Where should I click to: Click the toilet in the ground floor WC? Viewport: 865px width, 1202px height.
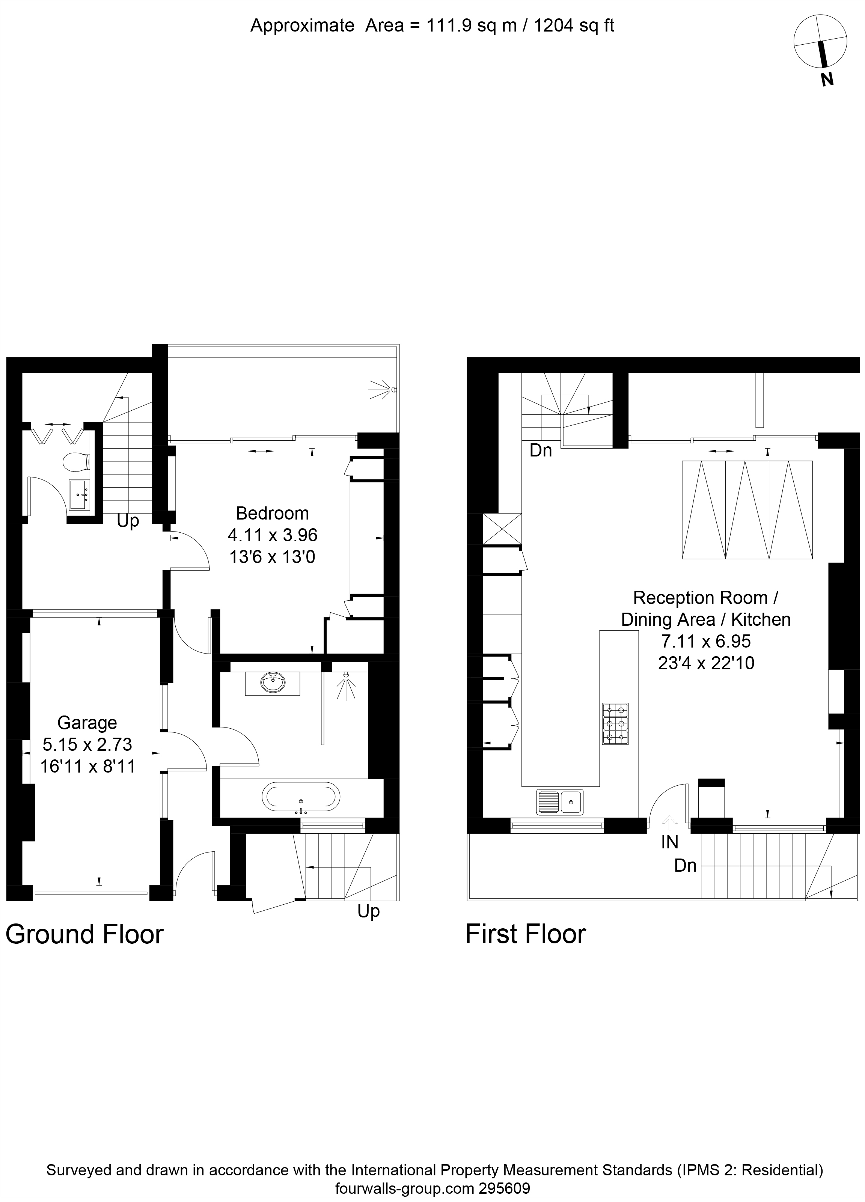pos(75,462)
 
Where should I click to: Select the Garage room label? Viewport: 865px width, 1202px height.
pos(87,722)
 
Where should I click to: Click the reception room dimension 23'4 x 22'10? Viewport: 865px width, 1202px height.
pos(705,663)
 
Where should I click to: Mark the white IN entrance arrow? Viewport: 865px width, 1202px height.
pos(670,822)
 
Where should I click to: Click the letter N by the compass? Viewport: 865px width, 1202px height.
pos(827,80)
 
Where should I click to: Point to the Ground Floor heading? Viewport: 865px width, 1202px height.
pos(84,934)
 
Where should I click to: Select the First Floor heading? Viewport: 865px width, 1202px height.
pos(525,934)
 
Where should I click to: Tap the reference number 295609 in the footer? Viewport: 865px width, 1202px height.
pos(504,1188)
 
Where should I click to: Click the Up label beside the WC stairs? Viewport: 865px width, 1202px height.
pos(128,521)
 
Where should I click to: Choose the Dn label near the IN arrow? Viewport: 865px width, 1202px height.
pos(685,865)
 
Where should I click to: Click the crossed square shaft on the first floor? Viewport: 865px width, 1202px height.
pos(502,529)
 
